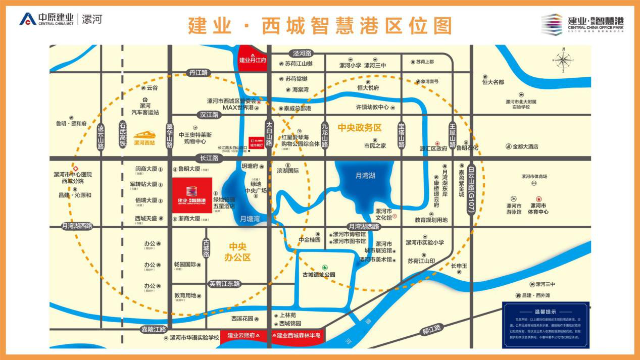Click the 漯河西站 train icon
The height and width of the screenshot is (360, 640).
pos(144,135)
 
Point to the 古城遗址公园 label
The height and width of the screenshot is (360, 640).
pos(319,275)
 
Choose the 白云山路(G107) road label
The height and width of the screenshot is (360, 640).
pos(471,185)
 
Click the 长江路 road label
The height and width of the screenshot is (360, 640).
pos(209,158)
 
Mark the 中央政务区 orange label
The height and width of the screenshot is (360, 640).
pos(360,128)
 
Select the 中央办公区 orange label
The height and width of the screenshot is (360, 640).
pos(237,252)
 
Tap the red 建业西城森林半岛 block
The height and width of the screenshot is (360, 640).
pos(296,335)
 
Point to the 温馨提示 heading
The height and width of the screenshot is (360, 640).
pos(546,312)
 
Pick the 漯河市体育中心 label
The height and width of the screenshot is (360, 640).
pos(538,209)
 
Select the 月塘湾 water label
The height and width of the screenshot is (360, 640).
pos(250,219)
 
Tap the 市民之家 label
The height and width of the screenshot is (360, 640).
pos(375,146)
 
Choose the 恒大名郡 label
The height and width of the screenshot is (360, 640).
pos(493,82)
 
